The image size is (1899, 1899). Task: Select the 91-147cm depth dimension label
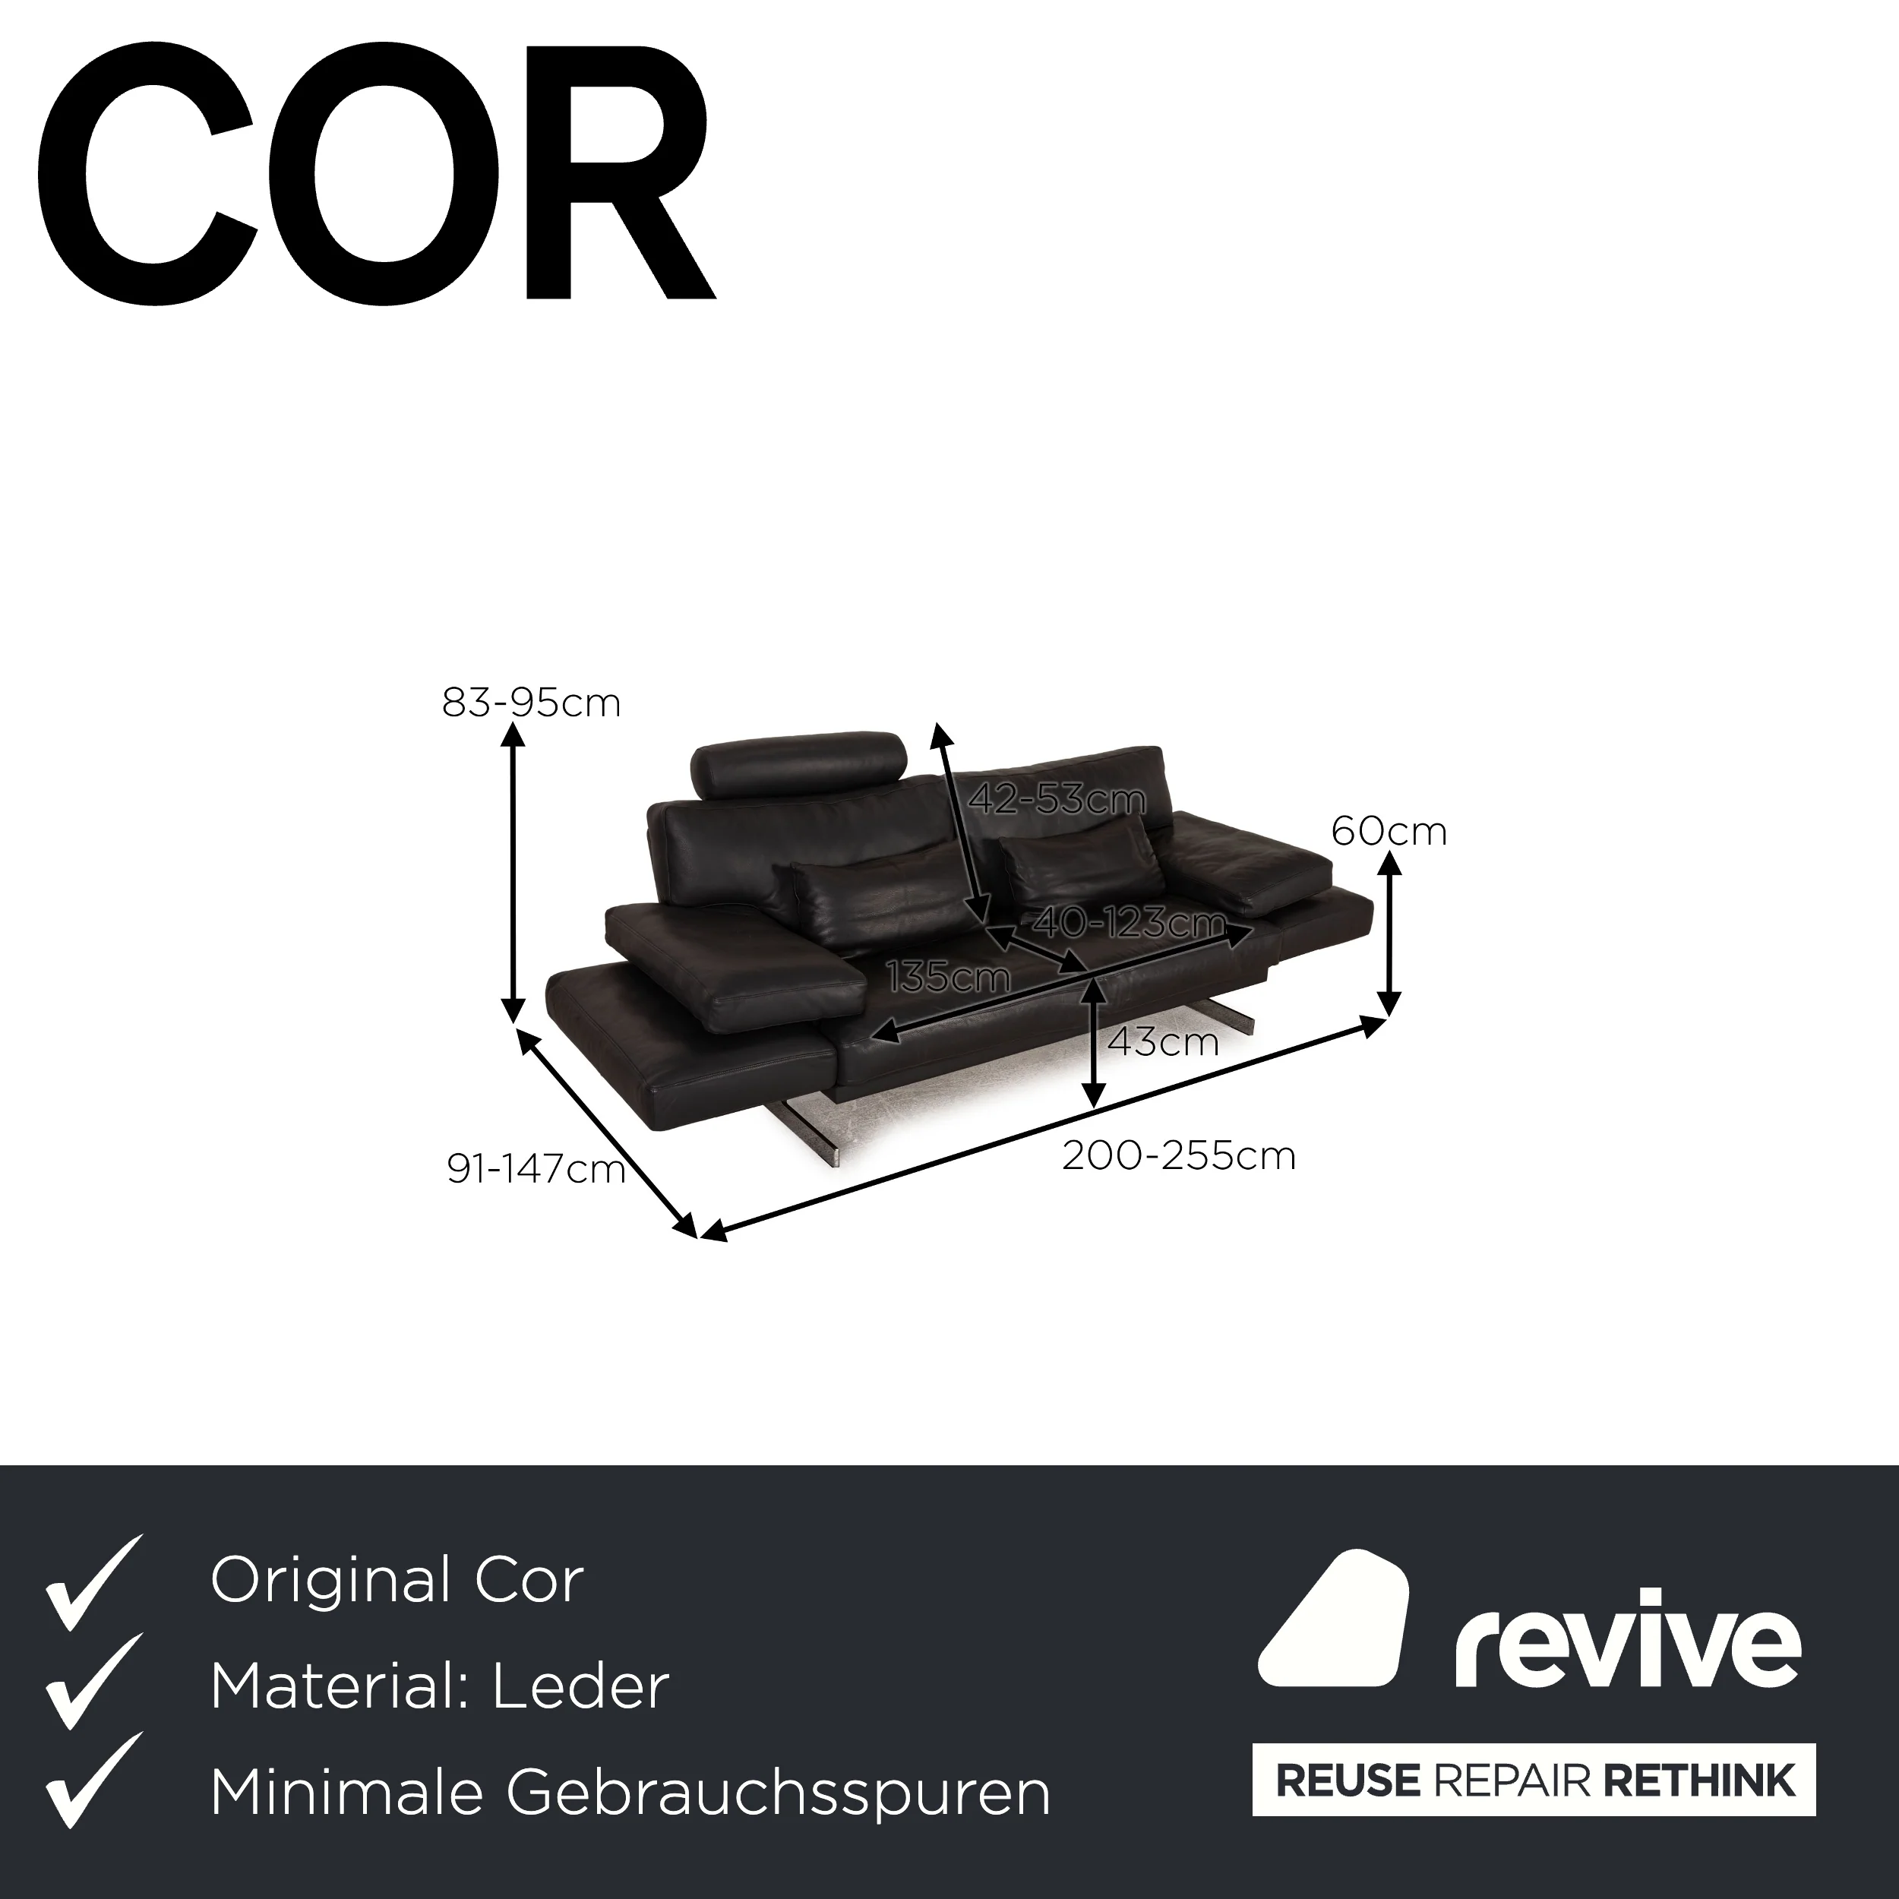pyautogui.click(x=536, y=1169)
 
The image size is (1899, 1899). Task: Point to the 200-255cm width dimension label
pyautogui.click(x=1179, y=1156)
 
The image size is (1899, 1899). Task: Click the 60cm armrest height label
pyautogui.click(x=1389, y=832)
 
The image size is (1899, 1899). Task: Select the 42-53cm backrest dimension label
pyautogui.click(x=1057, y=799)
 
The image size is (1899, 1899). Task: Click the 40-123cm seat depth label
pyautogui.click(x=1129, y=922)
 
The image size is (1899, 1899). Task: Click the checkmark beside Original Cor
pyautogui.click(x=94, y=1584)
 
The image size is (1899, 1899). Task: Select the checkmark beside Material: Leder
pyautogui.click(x=94, y=1682)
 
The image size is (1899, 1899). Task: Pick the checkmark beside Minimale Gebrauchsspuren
pyautogui.click(x=94, y=1781)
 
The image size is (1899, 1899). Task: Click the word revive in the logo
pyautogui.click(x=1628, y=1641)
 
